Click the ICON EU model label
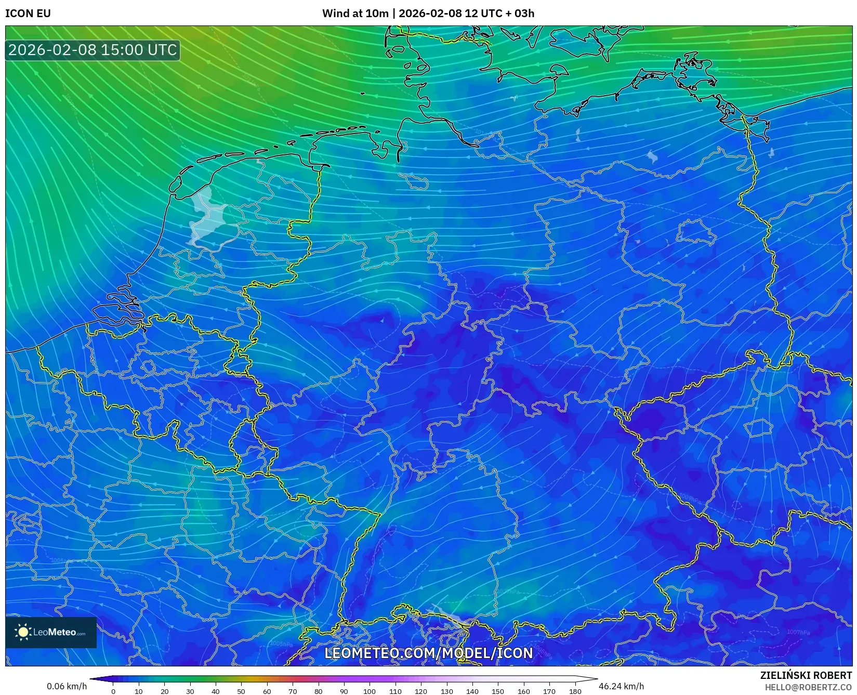coord(28,14)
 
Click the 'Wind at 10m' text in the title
coord(355,14)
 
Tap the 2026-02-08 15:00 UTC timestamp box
coord(93,50)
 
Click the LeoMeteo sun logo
coord(23,632)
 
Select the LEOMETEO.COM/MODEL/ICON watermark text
coord(429,653)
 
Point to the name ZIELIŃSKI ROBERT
coord(806,675)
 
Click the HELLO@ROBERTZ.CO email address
coord(808,687)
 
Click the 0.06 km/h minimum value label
coord(67,686)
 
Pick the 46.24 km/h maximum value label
coord(621,686)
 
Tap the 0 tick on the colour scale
coord(113,691)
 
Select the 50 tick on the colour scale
coord(241,691)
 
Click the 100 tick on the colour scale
coord(370,691)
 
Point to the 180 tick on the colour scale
coord(575,691)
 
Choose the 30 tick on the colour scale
coord(190,691)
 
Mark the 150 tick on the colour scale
coord(498,691)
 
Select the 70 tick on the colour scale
coord(293,691)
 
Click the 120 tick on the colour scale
coord(421,691)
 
